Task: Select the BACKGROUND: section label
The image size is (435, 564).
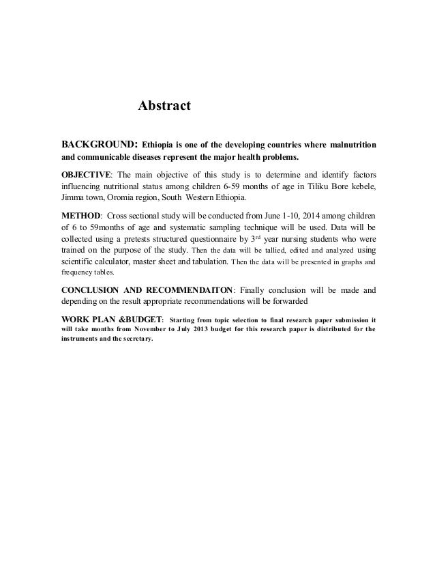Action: (x=100, y=145)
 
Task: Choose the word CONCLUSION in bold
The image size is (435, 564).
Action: (x=89, y=290)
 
